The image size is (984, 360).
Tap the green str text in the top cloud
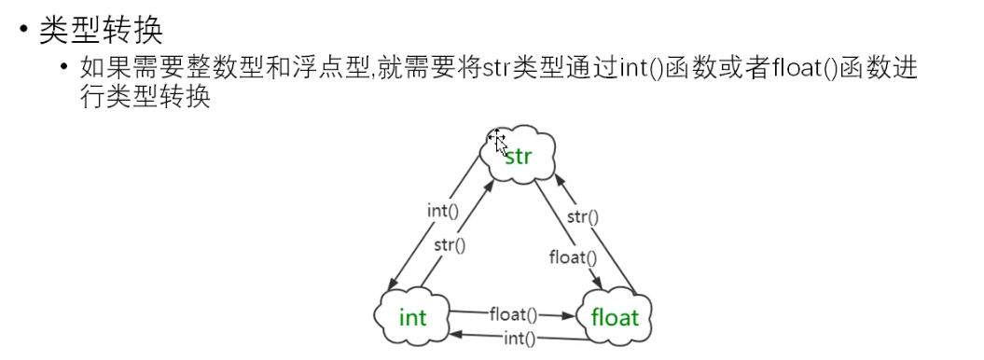tap(518, 156)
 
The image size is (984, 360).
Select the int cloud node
tap(412, 318)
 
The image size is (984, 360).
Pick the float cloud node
tap(616, 318)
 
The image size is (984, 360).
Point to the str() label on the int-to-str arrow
tap(450, 245)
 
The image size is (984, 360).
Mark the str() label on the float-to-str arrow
tap(582, 218)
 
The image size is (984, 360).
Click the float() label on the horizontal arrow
tap(514, 314)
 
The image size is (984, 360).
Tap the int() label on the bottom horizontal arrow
tap(518, 339)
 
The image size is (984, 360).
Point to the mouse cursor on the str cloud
tap(499, 143)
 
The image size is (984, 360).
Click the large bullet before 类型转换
tap(23, 31)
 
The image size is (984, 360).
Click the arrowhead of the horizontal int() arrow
tap(453, 334)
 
